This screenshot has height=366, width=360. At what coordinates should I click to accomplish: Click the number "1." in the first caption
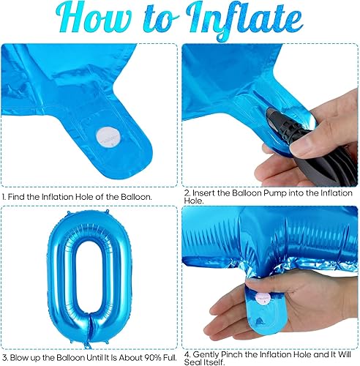point(6,197)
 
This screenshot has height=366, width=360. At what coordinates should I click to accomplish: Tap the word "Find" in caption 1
point(20,197)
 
